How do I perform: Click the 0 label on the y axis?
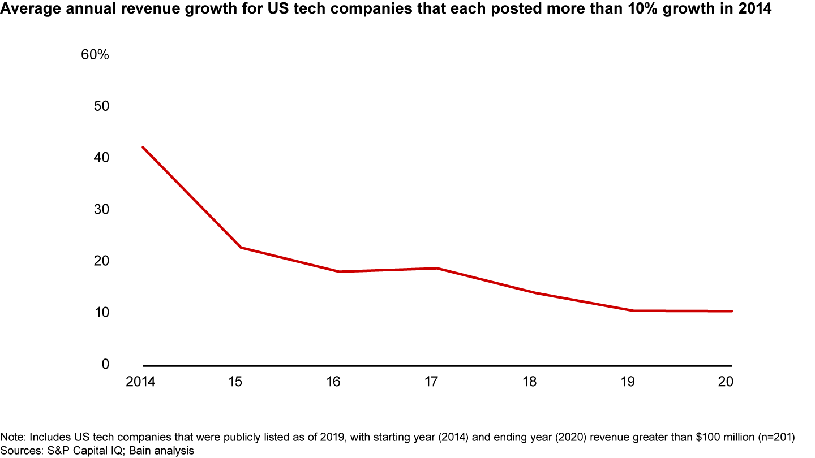[x=105, y=364]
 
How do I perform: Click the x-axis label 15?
[x=235, y=382]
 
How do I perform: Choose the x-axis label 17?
[x=431, y=382]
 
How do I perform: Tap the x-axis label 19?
[x=628, y=382]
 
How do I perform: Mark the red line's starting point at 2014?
[x=143, y=147]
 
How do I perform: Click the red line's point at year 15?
[x=241, y=248]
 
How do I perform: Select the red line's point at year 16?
[x=339, y=272]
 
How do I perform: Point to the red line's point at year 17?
[x=437, y=268]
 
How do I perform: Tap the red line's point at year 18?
[x=535, y=293]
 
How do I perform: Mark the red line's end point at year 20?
[x=732, y=311]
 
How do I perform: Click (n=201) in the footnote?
[x=776, y=437]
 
